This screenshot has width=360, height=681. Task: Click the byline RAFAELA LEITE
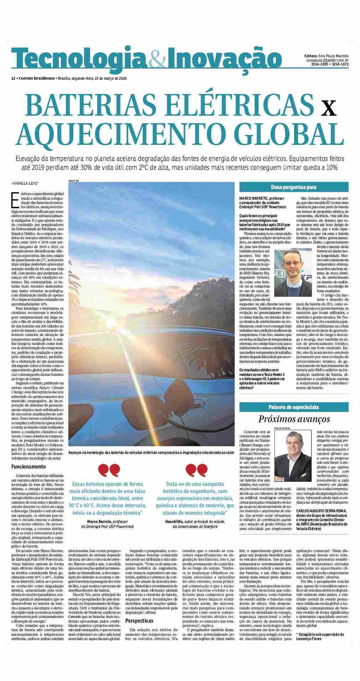point(25,184)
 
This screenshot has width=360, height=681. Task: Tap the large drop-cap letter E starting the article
point(15,199)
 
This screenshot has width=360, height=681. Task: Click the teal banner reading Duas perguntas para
point(293,187)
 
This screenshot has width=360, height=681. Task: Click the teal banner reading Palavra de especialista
point(293,407)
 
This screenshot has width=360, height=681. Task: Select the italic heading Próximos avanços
point(294,419)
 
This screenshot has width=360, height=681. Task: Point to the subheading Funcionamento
point(29,466)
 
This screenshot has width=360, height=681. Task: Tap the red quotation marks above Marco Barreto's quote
point(109,470)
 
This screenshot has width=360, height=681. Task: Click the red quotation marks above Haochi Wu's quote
point(197,470)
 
